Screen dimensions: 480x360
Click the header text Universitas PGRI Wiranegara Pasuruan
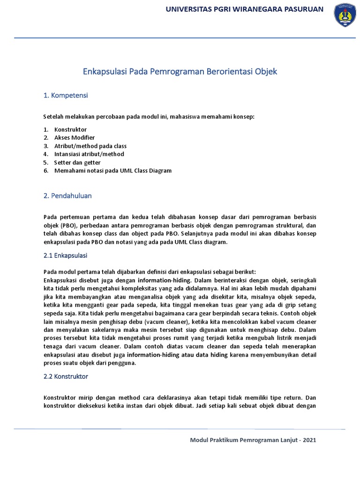pos(244,9)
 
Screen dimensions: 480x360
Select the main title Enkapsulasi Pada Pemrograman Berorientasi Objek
pos(180,72)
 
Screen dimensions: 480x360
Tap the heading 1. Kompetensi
pos(66,96)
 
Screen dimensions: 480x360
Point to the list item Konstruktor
pos(70,129)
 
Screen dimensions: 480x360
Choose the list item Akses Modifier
pos(75,137)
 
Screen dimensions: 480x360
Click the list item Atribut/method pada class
pos(90,146)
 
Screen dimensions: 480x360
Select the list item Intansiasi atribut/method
pos(89,154)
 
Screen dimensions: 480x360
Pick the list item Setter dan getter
pos(77,162)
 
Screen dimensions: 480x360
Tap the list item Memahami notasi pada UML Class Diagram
pos(113,171)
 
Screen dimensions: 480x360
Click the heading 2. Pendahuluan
pos(67,196)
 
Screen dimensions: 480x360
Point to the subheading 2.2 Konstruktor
pos(66,376)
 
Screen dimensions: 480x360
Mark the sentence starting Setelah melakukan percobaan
pos(149,116)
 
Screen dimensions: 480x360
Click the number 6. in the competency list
pos(46,171)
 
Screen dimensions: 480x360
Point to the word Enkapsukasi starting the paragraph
pos(60,280)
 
